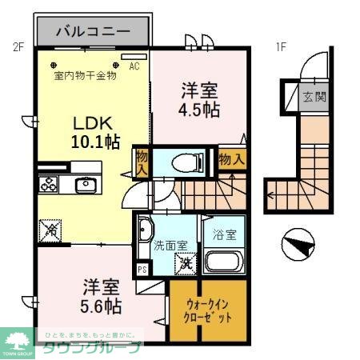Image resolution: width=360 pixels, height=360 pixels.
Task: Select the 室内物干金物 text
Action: [85, 76]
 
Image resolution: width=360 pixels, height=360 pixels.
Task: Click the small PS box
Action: [143, 270]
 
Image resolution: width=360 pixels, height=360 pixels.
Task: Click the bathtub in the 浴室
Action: [224, 261]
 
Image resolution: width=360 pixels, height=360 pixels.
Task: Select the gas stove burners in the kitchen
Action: [48, 185]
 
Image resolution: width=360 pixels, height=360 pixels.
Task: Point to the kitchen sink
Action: [86, 186]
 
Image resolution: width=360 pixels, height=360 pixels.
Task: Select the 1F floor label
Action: [281, 46]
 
